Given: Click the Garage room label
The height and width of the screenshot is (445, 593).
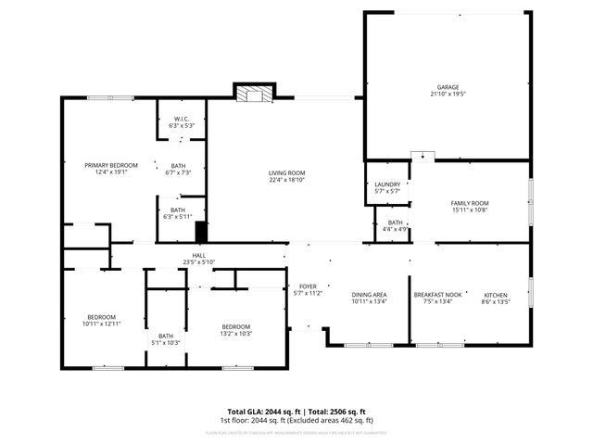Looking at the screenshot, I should (x=448, y=88).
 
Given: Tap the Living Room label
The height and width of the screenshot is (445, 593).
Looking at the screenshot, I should (x=287, y=173).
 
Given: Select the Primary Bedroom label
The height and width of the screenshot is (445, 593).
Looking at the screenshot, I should (x=105, y=165).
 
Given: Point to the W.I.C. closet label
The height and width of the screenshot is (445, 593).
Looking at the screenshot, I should (x=182, y=119).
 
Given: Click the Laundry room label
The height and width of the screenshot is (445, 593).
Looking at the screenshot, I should (x=387, y=184).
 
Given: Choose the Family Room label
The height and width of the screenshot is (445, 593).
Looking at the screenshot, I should (x=470, y=203).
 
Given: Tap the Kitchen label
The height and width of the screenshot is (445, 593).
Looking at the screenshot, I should (x=496, y=294).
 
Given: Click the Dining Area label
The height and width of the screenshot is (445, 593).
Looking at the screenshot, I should (x=369, y=294).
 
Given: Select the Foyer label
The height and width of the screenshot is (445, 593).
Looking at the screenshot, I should (x=307, y=286).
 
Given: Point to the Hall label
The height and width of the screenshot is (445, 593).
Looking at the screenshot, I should (x=198, y=256).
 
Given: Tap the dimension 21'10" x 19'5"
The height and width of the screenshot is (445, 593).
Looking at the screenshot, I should (x=448, y=95).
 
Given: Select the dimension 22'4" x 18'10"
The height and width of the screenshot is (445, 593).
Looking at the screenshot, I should (x=287, y=180).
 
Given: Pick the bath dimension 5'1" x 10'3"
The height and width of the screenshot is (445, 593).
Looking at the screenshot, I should (x=166, y=342).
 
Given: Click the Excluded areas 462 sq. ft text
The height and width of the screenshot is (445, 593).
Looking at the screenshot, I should (x=339, y=420).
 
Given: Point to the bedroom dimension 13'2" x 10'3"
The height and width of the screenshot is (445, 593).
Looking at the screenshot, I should (x=235, y=333).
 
